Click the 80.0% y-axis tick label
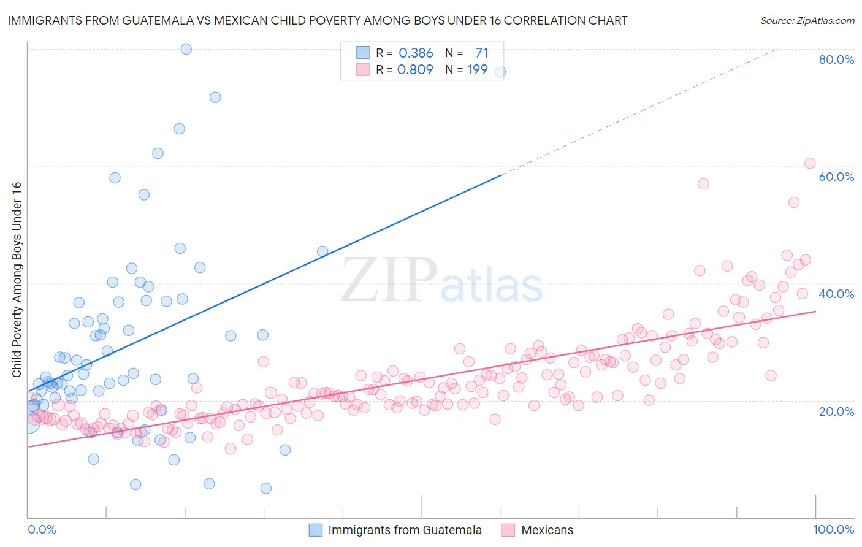pyautogui.click(x=836, y=59)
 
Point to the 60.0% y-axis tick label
pyautogui.click(x=836, y=177)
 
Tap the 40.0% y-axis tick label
pyautogui.click(x=836, y=294)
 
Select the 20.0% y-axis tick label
pyautogui.click(x=836, y=411)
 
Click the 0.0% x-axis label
pyautogui.click(x=42, y=529)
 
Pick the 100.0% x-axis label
pyautogui.click(x=833, y=529)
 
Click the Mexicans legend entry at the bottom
pyautogui.click(x=547, y=530)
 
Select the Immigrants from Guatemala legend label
pyautogui.click(x=405, y=530)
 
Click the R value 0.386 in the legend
pyautogui.click(x=416, y=53)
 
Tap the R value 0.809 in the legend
pyautogui.click(x=415, y=70)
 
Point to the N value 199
pyautogui.click(x=478, y=70)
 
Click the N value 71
pyautogui.click(x=481, y=53)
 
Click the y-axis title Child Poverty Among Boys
pyautogui.click(x=17, y=280)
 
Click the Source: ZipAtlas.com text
pyautogui.click(x=807, y=20)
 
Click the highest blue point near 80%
pyautogui.click(x=186, y=49)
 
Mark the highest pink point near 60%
pyautogui.click(x=810, y=163)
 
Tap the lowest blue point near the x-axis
pyautogui.click(x=265, y=488)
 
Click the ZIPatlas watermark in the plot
pyautogui.click(x=441, y=281)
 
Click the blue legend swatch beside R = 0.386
pyautogui.click(x=364, y=53)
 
